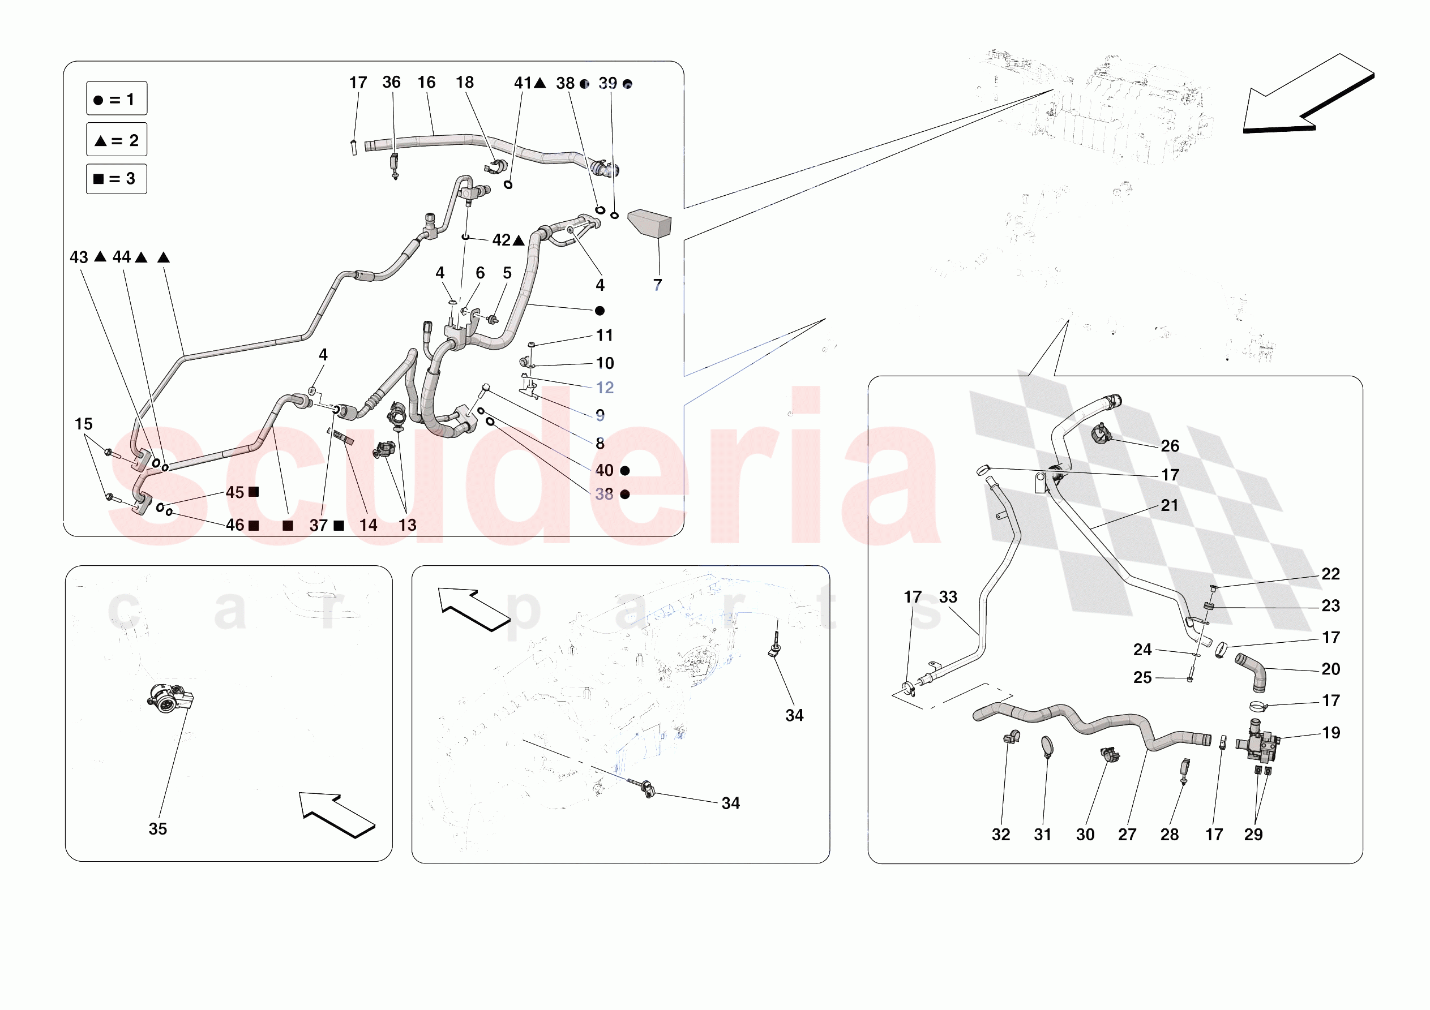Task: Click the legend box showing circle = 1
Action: coord(117,98)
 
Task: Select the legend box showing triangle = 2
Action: coord(117,140)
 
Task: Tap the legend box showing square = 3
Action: coord(117,179)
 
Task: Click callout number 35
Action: coord(157,829)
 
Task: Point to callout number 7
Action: coord(657,285)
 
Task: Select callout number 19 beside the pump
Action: coord(1331,732)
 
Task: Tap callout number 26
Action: coord(1170,446)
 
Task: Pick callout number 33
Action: coord(948,596)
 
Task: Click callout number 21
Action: coord(1169,505)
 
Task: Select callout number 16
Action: coord(426,82)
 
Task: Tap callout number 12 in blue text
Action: coord(604,388)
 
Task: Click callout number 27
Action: coord(1127,835)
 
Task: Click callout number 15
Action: coord(83,424)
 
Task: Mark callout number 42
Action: coord(502,240)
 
